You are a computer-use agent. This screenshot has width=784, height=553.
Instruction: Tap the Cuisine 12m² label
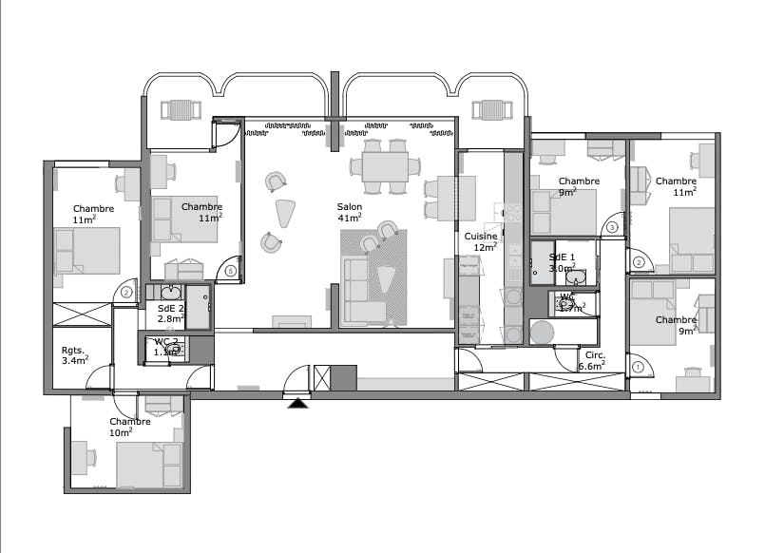coord(480,242)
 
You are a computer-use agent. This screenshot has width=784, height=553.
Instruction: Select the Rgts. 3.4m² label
coord(74,354)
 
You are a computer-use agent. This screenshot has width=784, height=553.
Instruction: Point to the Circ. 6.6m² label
coord(596,360)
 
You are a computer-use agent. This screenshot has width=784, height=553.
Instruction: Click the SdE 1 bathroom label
coord(563,262)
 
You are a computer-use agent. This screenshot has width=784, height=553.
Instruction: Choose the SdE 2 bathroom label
coord(170,315)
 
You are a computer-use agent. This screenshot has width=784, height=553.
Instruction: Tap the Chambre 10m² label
coord(129,426)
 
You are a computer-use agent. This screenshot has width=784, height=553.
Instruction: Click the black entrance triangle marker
coord(299,404)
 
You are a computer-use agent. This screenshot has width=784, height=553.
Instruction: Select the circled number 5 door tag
coord(231,271)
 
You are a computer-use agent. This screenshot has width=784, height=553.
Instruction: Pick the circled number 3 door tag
coord(612,228)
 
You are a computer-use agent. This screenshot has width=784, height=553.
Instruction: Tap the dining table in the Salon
coord(386,167)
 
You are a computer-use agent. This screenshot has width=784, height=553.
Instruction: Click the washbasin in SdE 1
coord(581,276)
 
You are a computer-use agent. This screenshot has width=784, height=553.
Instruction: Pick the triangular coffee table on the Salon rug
coord(386,279)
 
